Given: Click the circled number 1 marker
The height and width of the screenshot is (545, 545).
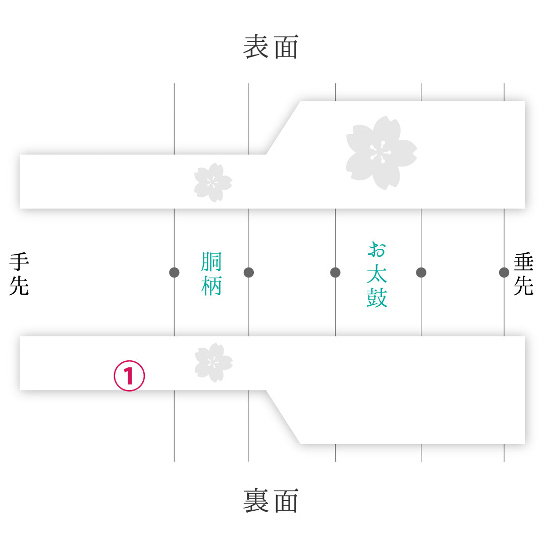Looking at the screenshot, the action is [x=129, y=376].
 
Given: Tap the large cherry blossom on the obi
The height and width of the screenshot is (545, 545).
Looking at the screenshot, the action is [x=381, y=153].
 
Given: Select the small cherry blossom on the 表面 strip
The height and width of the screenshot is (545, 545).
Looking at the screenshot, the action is [x=213, y=183].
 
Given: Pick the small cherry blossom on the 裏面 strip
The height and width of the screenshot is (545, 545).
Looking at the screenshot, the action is [x=213, y=363].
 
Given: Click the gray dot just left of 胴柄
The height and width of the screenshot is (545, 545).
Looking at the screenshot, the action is [x=174, y=272].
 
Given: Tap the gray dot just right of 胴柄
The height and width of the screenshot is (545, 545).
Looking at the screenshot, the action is [x=248, y=272].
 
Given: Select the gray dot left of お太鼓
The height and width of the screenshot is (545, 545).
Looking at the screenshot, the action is [x=335, y=272].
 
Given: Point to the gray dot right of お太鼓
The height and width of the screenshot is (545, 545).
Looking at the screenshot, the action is [x=421, y=272].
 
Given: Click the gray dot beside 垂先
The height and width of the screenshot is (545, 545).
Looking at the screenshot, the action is [x=504, y=272].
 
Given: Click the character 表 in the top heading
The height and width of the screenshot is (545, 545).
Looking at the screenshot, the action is [x=255, y=47].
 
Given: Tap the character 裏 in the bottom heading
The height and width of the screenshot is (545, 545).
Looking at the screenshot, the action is [x=255, y=501].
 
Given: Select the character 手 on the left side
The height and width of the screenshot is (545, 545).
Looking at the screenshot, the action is [x=19, y=262].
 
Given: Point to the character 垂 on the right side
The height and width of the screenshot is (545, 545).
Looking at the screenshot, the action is [x=523, y=262].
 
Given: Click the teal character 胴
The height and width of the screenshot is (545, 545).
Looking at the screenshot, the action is [x=211, y=261].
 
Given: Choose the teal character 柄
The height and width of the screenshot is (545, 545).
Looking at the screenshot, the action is [x=211, y=285].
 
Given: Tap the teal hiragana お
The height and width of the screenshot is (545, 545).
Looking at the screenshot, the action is [x=377, y=250].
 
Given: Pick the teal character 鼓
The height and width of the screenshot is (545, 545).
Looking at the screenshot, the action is [x=377, y=298].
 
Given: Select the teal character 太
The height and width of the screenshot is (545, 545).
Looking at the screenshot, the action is [x=377, y=274].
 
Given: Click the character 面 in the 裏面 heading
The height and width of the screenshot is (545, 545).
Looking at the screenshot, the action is [x=287, y=501].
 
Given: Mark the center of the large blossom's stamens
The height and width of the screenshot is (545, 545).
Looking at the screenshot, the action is [x=380, y=152].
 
